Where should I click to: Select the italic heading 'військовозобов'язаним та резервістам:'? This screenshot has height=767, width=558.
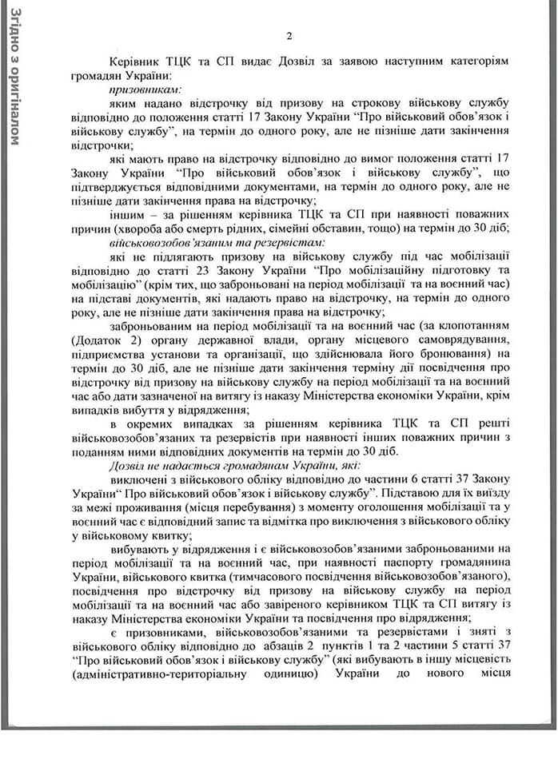212,240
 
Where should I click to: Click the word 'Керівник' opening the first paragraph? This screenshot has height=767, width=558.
135,61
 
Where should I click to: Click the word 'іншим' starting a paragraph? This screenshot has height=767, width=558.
126,212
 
